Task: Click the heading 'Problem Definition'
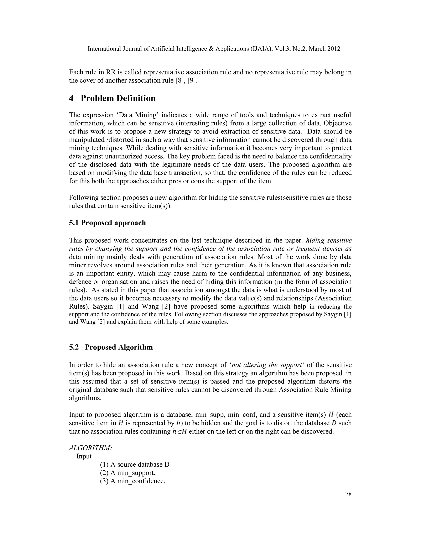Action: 118,98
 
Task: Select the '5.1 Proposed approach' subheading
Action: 108,223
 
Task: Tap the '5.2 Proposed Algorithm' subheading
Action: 111,347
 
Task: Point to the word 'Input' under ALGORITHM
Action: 84,456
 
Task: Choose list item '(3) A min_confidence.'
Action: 133,481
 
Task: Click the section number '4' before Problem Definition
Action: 71,98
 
